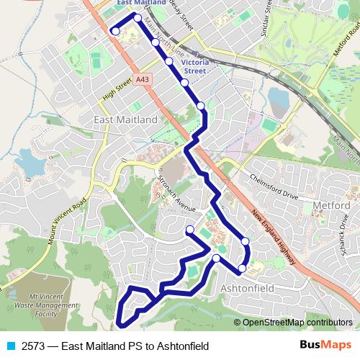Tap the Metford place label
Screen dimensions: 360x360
[x=332, y=206]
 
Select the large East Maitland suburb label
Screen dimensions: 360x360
[x=126, y=118]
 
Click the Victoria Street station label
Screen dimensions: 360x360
[x=194, y=66]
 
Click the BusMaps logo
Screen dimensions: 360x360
[x=325, y=345]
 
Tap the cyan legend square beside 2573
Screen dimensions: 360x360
[x=9, y=346]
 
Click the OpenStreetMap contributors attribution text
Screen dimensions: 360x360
[x=297, y=323]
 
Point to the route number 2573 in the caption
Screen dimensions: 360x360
[x=34, y=346]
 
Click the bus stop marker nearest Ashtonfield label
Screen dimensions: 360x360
[x=242, y=269]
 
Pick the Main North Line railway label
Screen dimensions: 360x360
[x=165, y=41]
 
